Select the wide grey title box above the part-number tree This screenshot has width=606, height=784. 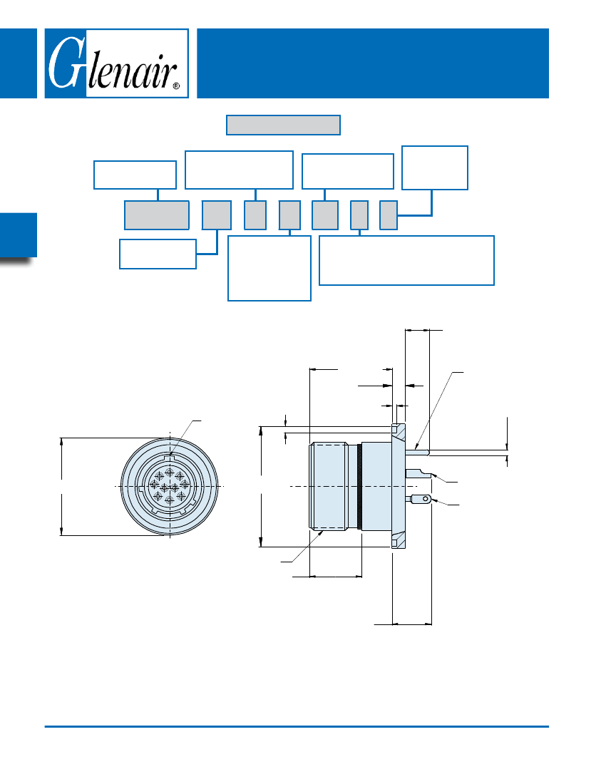tap(283, 125)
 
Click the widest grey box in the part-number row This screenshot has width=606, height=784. tap(157, 215)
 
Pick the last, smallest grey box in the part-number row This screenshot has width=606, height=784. tap(388, 215)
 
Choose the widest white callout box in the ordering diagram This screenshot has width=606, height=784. tap(406, 260)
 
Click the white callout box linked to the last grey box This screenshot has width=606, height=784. tap(435, 167)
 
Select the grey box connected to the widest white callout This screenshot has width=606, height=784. tap(359, 215)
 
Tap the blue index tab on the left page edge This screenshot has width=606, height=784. tap(18, 235)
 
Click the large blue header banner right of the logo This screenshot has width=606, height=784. tap(372, 63)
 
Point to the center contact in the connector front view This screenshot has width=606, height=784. tap(165, 487)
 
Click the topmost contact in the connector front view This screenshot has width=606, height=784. tap(169, 472)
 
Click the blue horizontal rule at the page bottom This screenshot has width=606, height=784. tap(297, 726)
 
